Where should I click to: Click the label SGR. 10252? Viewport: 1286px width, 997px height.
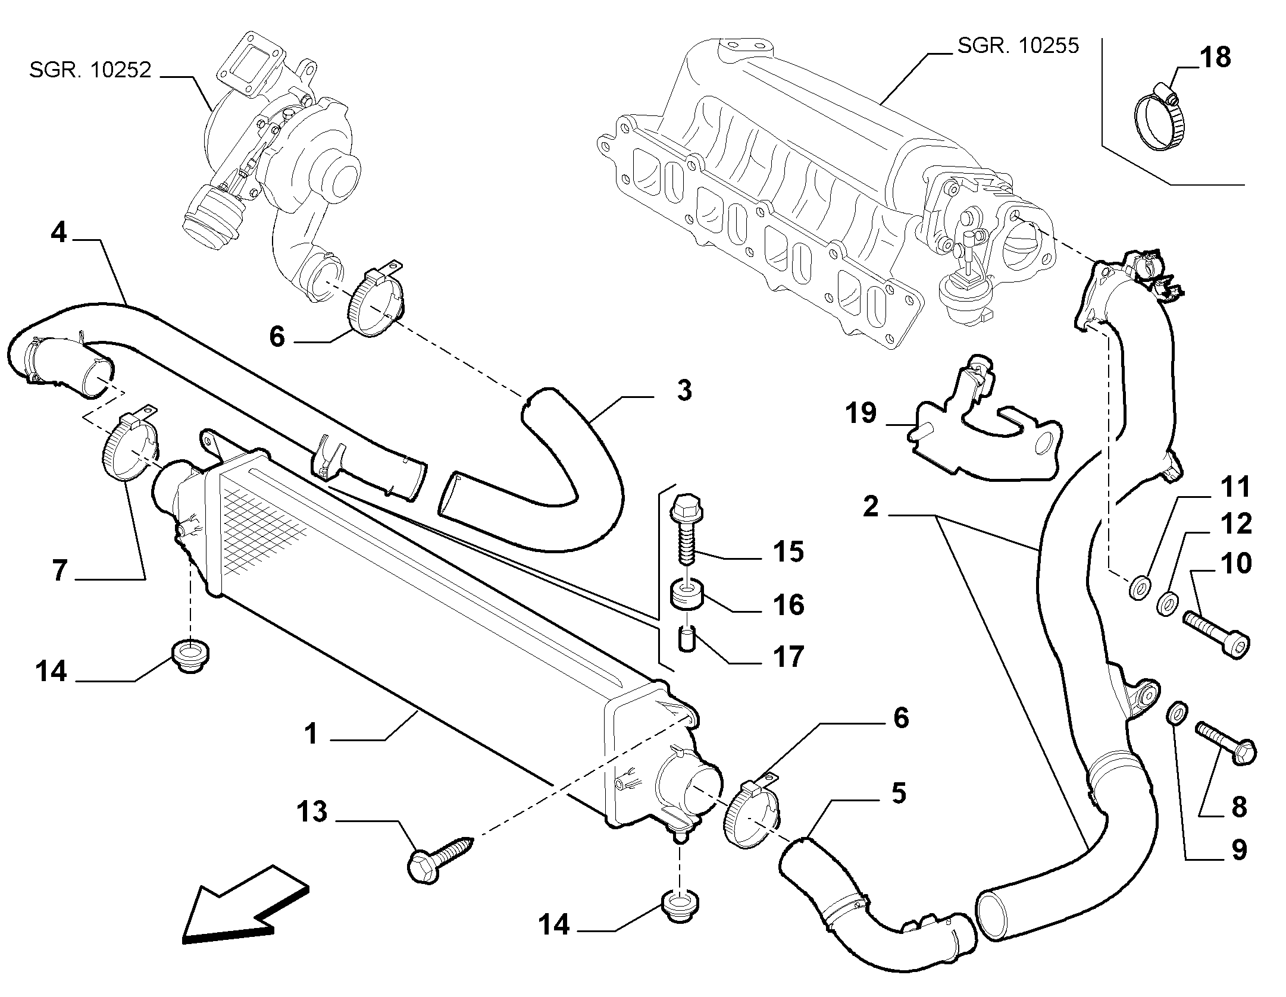[90, 70]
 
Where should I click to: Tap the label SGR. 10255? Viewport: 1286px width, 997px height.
[1018, 46]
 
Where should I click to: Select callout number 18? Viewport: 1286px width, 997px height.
[1214, 58]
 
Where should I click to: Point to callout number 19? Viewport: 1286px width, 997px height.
[861, 412]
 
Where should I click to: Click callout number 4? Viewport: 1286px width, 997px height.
[58, 232]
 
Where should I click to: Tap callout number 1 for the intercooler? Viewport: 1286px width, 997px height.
[312, 734]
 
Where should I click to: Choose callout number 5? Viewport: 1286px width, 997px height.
[897, 794]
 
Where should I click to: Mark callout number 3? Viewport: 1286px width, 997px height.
[684, 391]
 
